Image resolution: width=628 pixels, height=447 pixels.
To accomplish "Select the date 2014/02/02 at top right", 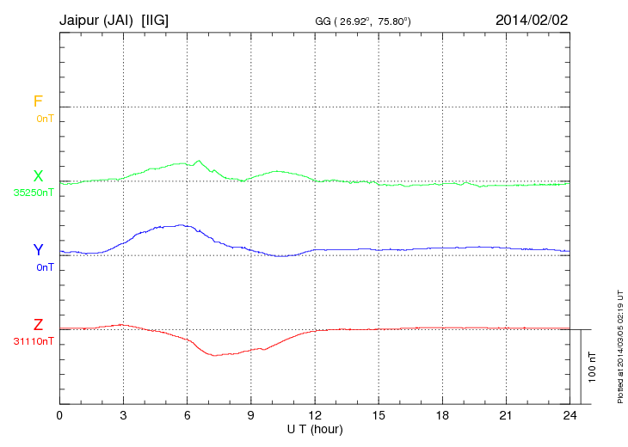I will [532, 19].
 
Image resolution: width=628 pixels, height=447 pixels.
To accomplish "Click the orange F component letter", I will [38, 101].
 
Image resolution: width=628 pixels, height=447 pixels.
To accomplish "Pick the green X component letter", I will [38, 176].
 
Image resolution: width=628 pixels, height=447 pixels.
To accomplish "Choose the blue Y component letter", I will [38, 250].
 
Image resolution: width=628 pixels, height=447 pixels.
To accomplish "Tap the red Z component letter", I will [38, 325].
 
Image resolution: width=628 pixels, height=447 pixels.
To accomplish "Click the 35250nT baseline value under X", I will [34, 193].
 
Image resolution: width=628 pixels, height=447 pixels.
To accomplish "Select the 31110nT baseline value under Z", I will [34, 341].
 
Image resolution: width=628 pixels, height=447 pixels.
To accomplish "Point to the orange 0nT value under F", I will [45, 118].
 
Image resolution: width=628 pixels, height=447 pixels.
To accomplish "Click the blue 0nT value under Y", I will [45, 267].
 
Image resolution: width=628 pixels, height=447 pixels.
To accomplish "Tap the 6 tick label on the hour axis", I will [188, 415].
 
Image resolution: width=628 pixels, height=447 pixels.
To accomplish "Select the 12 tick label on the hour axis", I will [315, 415].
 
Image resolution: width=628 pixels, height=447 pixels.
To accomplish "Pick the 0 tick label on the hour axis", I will [59, 415].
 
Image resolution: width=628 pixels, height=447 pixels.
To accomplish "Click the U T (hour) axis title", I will [315, 428].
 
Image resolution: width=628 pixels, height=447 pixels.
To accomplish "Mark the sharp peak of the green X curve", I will [200, 160].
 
